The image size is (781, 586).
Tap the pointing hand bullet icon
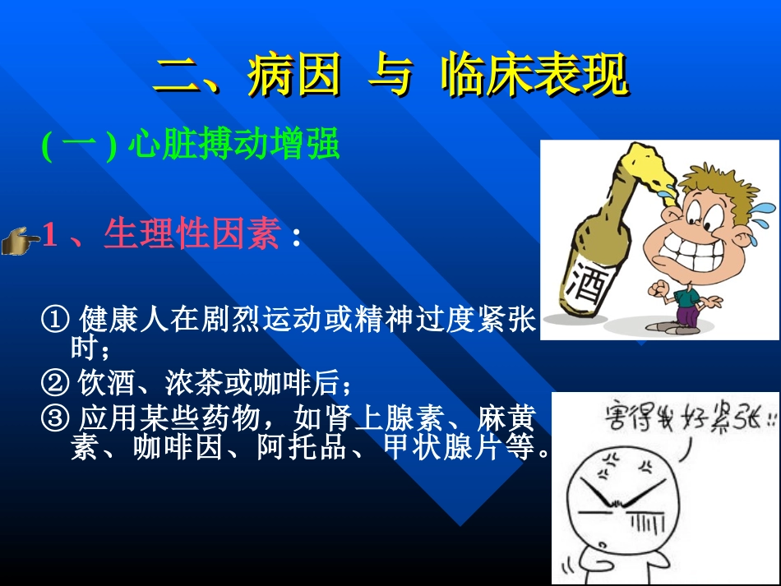click(x=21, y=241)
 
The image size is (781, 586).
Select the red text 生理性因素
click(x=192, y=236)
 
